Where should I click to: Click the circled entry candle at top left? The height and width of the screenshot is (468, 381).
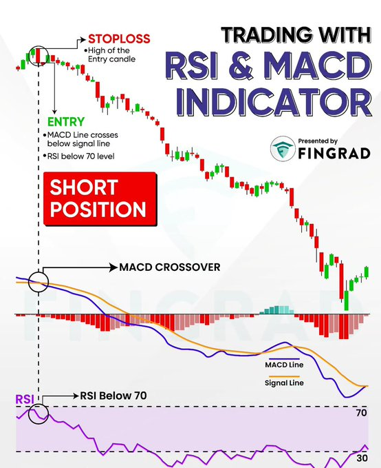[x=39, y=54]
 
